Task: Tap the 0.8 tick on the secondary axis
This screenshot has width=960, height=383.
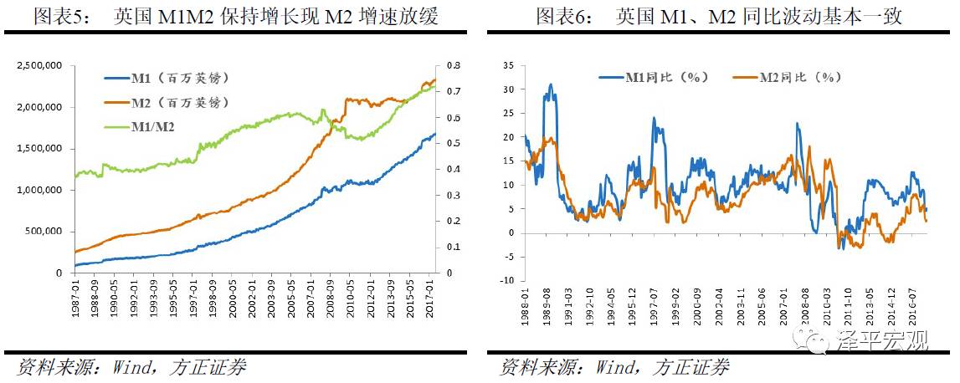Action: pyautogui.click(x=452, y=65)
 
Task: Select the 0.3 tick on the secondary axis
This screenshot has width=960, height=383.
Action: pyautogui.click(x=452, y=195)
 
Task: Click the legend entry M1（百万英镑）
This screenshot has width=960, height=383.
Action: pyautogui.click(x=179, y=79)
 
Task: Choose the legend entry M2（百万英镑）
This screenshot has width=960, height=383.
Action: pyautogui.click(x=179, y=102)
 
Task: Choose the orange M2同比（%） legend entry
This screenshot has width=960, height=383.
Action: pyautogui.click(x=799, y=77)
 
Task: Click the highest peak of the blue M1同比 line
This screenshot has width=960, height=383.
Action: pyautogui.click(x=550, y=84)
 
